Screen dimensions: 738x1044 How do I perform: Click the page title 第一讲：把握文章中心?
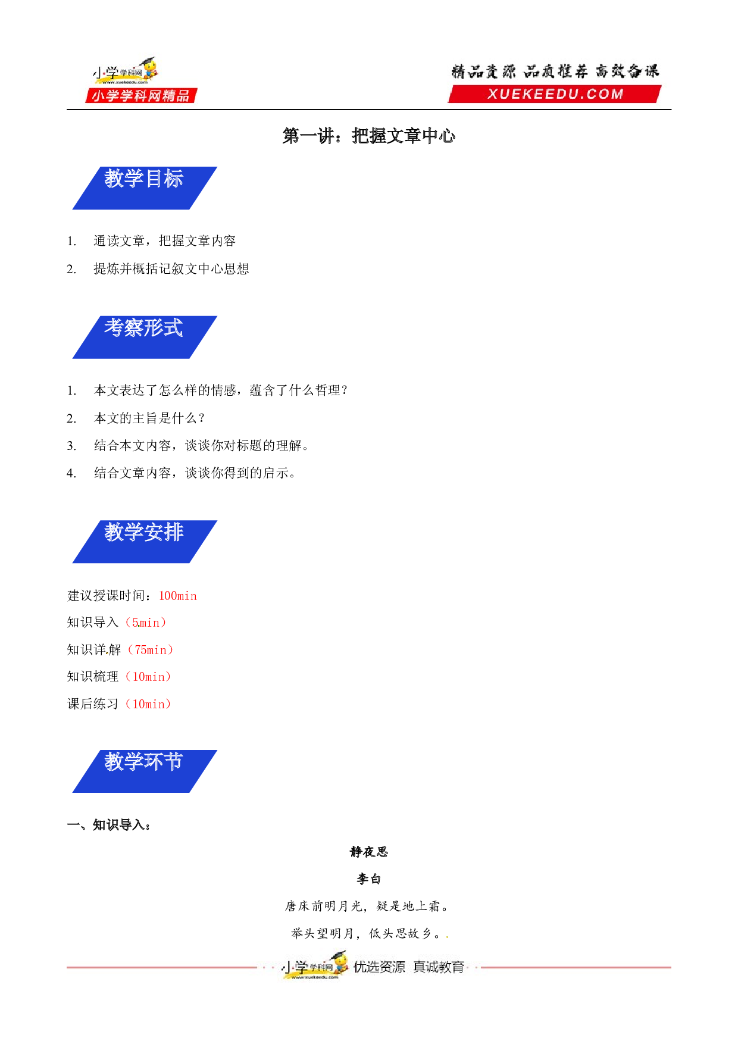click(x=369, y=136)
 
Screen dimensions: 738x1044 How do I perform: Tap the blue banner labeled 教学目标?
click(x=145, y=188)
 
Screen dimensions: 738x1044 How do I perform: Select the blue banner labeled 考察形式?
click(x=145, y=337)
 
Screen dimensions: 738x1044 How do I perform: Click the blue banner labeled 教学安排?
click(x=145, y=542)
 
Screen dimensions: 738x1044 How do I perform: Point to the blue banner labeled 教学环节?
click(x=145, y=771)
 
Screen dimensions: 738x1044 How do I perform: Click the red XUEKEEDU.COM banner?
click(x=555, y=94)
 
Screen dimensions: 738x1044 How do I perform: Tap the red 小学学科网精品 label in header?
click(x=141, y=96)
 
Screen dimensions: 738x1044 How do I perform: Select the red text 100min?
click(x=178, y=596)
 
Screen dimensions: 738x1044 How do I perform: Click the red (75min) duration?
click(x=151, y=650)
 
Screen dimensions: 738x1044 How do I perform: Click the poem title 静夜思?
click(x=369, y=852)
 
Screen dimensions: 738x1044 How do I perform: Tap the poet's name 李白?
click(x=369, y=879)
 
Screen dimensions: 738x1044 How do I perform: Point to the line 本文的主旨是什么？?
click(x=149, y=418)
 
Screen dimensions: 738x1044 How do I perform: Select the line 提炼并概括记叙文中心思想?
click(x=171, y=269)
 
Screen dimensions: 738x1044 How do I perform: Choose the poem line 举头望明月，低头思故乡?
click(x=366, y=933)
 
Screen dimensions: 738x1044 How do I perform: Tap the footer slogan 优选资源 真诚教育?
click(x=409, y=967)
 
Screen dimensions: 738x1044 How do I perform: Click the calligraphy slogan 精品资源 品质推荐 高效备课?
click(x=555, y=71)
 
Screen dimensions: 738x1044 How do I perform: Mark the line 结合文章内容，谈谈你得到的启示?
click(x=195, y=473)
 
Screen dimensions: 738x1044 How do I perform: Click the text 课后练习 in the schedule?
click(x=93, y=704)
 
